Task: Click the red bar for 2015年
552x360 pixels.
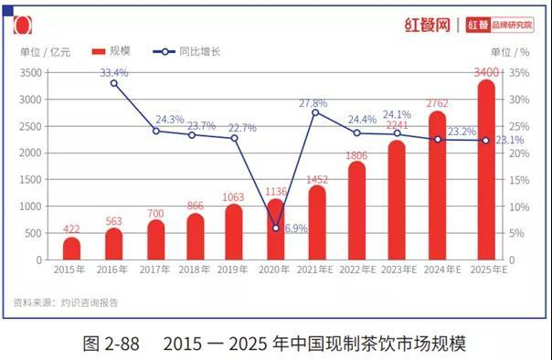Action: tap(71, 248)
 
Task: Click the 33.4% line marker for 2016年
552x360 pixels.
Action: tap(113, 83)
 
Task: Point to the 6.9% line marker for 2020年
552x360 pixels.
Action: tap(276, 228)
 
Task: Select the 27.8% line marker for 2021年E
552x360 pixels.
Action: tap(315, 111)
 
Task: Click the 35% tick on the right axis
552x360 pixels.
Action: tap(519, 72)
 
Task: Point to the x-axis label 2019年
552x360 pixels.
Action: tap(233, 270)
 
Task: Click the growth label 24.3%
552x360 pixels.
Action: tap(170, 120)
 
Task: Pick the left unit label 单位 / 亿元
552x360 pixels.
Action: tap(42, 51)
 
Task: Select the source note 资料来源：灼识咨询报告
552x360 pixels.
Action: tap(65, 302)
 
